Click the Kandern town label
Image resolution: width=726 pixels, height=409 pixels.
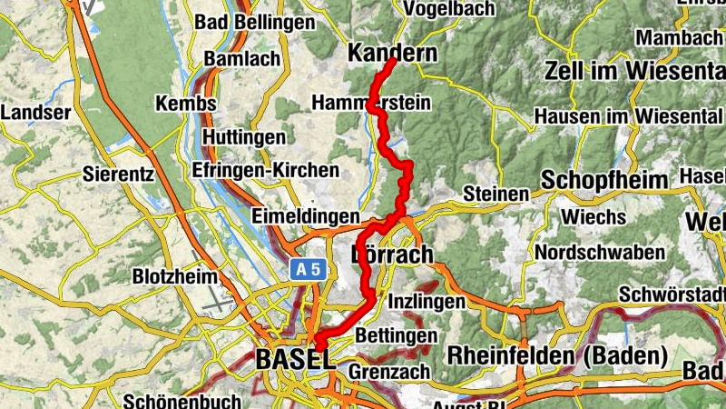point(392,54)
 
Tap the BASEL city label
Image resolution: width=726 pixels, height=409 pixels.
point(294,359)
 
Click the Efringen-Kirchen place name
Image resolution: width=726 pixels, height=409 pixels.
point(265,170)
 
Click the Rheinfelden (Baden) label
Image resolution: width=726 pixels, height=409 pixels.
point(557,354)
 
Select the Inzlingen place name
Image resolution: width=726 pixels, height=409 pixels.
point(427,301)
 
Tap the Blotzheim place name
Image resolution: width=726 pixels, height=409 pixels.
point(174,275)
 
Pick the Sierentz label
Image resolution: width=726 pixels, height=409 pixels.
point(117,172)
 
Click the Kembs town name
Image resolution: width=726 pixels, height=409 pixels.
point(186,104)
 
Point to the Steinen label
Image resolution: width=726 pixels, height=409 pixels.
point(495,194)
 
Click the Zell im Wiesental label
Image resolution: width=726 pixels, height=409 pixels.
point(634,71)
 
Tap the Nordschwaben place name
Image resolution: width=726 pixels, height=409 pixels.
point(600,252)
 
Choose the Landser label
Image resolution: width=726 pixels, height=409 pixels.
point(36,113)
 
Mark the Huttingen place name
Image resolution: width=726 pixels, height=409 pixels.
point(243,137)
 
